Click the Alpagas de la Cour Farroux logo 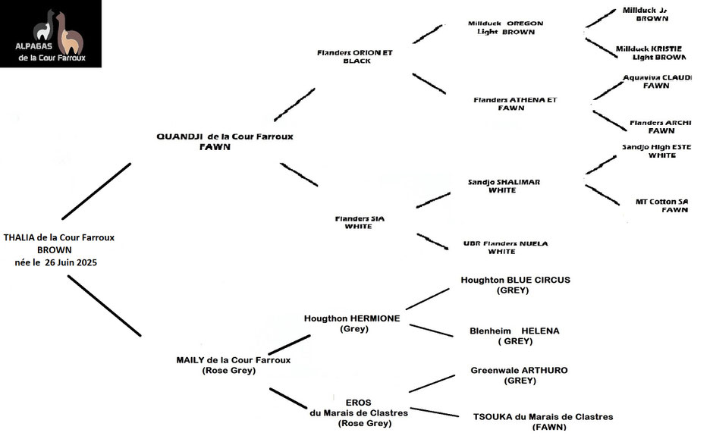tap(51, 34)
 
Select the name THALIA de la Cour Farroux tap(58, 237)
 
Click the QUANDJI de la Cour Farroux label tap(225, 136)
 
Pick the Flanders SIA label tap(360, 218)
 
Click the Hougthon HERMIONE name tap(352, 318)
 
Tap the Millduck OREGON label tap(505, 24)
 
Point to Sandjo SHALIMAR tap(504, 182)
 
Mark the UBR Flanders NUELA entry tap(505, 243)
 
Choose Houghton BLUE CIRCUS tap(515, 280)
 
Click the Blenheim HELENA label tap(516, 331)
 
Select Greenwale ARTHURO tap(519, 371)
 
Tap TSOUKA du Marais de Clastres tap(542, 416)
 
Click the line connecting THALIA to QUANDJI tap(97, 191)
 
